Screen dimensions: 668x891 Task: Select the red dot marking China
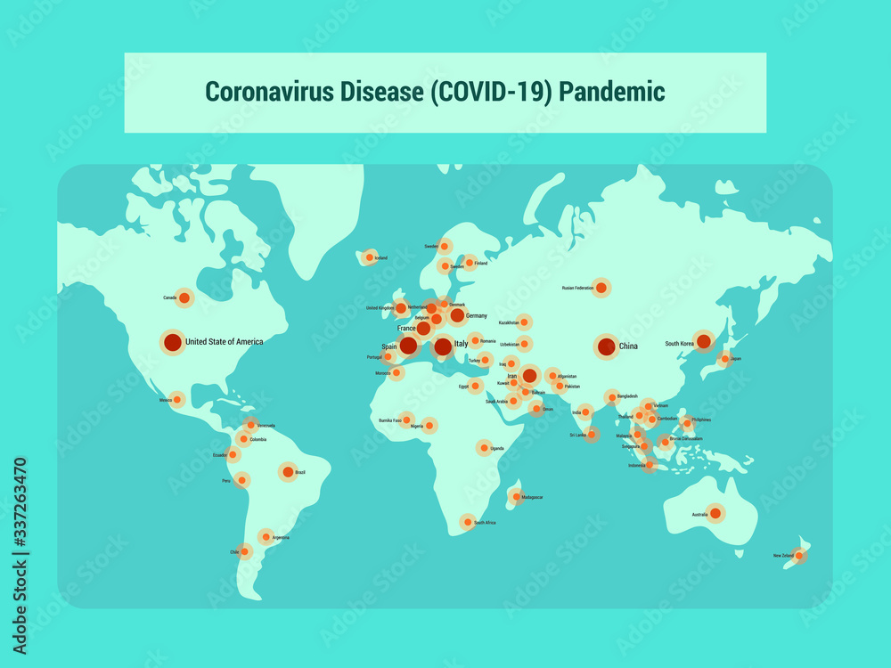(x=606, y=346)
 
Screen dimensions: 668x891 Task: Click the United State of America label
(x=224, y=342)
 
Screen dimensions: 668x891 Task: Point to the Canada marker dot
(x=184, y=297)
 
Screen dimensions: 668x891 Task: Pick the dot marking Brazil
(x=287, y=472)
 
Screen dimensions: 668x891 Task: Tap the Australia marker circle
(x=715, y=514)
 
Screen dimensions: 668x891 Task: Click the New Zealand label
(x=783, y=556)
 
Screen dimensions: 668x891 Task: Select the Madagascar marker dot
(x=515, y=496)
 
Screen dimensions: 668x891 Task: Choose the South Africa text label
(x=485, y=523)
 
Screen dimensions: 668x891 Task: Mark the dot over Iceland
(x=368, y=257)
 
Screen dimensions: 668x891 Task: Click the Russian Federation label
(x=577, y=288)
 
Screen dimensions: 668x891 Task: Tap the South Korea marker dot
(x=703, y=341)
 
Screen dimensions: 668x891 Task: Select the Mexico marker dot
(x=177, y=399)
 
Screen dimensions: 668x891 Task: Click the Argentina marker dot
(x=265, y=536)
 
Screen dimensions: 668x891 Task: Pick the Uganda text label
(x=497, y=448)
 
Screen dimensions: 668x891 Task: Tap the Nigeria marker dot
(x=429, y=426)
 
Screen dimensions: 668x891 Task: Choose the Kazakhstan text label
(x=509, y=322)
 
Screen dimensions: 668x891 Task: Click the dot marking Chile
(x=245, y=551)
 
